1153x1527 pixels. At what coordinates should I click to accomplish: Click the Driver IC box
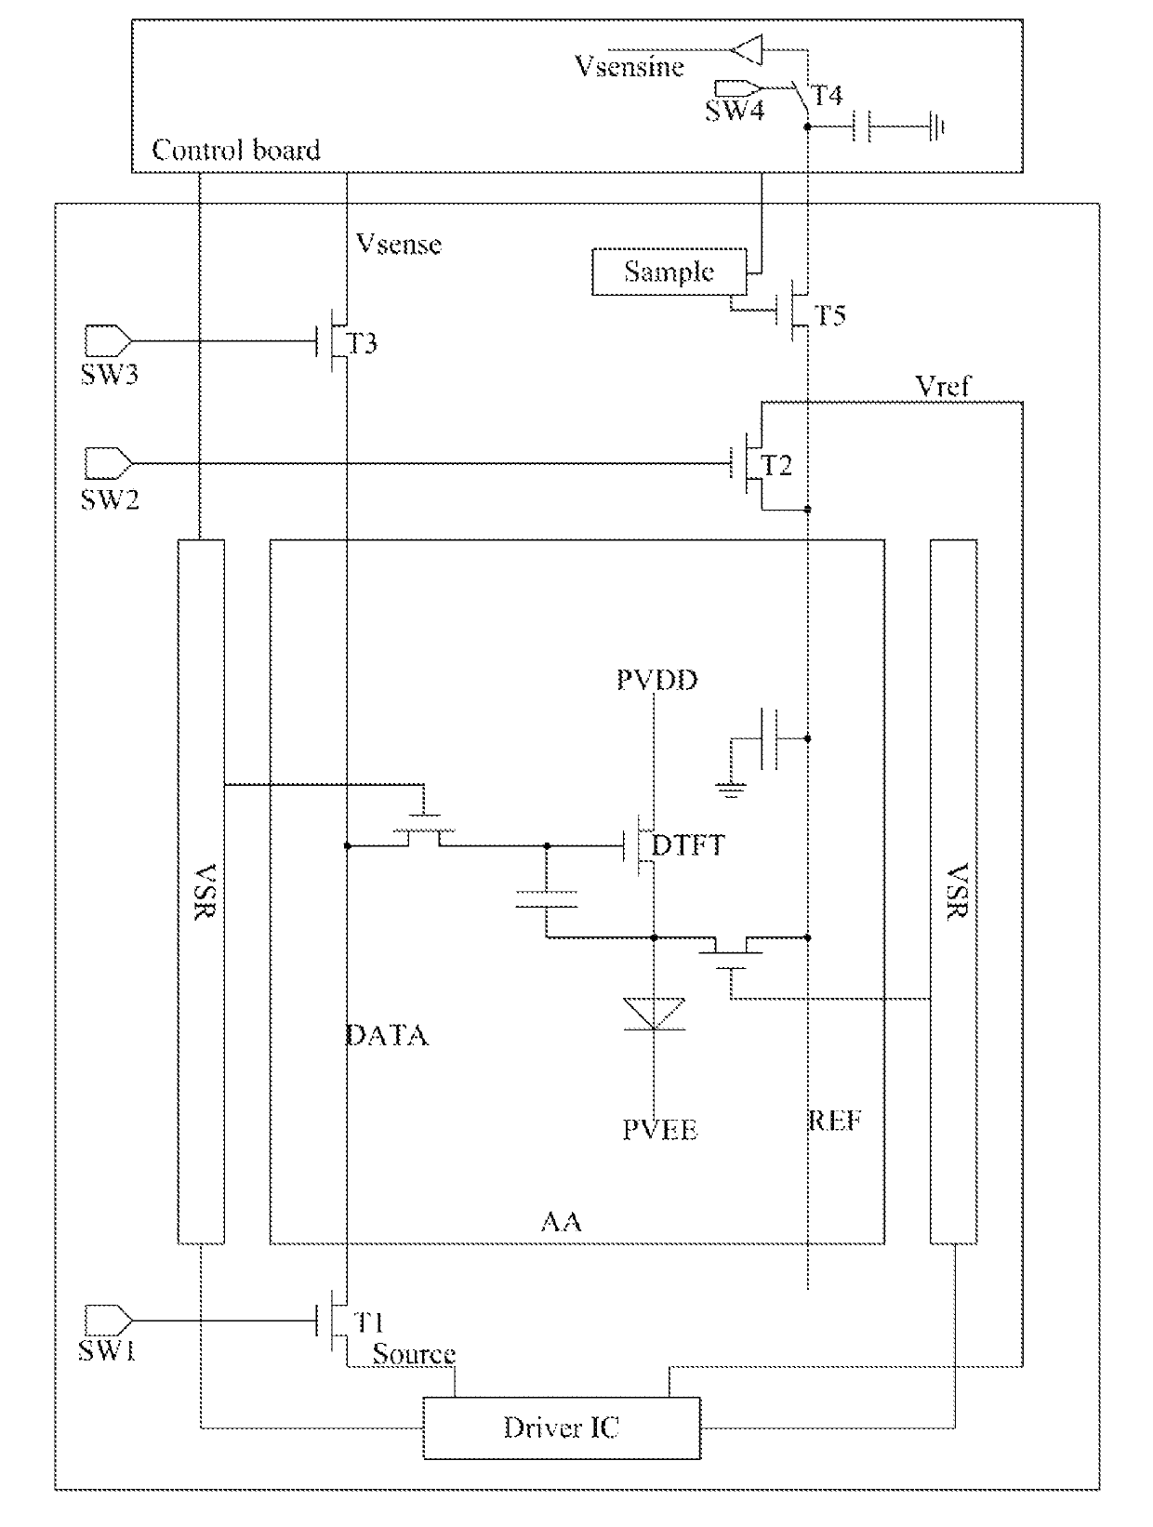(562, 1427)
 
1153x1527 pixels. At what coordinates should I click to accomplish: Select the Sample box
(669, 272)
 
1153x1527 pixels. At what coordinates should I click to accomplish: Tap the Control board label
(236, 150)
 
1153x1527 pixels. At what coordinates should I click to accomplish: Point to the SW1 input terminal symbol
(108, 1320)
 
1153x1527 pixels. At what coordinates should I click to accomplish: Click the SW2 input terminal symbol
(108, 462)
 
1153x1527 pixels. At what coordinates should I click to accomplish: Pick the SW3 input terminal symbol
(108, 341)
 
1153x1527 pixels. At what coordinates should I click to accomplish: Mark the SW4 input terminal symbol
(737, 88)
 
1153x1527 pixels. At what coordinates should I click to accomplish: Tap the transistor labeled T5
(793, 311)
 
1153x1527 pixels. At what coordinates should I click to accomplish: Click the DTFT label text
(688, 845)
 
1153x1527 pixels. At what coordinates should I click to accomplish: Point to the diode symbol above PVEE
(654, 1014)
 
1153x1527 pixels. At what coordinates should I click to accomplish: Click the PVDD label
(657, 680)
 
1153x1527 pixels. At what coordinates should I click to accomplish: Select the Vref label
(942, 386)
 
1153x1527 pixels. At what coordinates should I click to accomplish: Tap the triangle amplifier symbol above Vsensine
(748, 49)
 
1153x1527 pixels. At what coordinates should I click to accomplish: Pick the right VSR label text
(958, 891)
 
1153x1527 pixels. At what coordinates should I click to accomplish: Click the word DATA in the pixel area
(388, 1036)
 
